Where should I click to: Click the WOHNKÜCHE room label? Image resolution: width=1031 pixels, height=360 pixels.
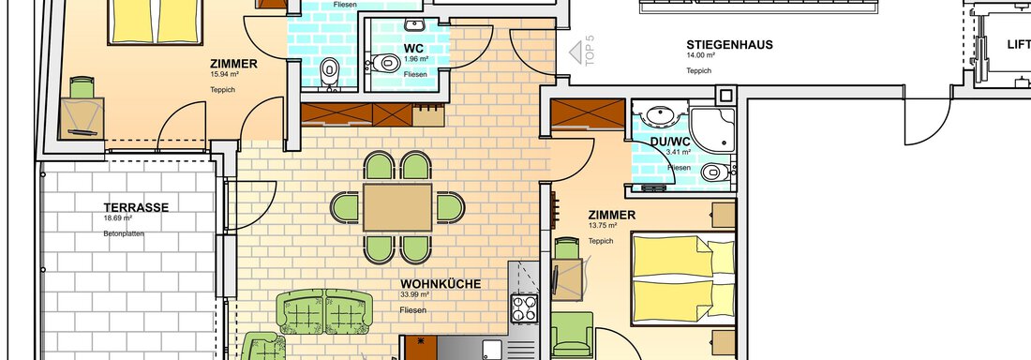click(441, 283)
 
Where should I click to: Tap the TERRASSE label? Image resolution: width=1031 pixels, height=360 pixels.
click(136, 207)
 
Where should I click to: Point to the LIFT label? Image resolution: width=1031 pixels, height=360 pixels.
click(1019, 44)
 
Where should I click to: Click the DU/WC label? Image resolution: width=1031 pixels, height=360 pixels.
click(671, 142)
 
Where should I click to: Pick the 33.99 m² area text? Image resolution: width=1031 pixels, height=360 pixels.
click(415, 294)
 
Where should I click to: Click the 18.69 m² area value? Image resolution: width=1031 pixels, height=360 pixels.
click(118, 218)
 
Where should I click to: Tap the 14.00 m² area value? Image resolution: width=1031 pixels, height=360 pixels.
click(701, 56)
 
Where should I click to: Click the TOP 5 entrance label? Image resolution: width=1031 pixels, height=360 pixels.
click(589, 49)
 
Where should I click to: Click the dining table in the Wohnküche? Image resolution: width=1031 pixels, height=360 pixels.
click(397, 207)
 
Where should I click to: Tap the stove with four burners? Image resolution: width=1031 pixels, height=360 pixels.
click(523, 307)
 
